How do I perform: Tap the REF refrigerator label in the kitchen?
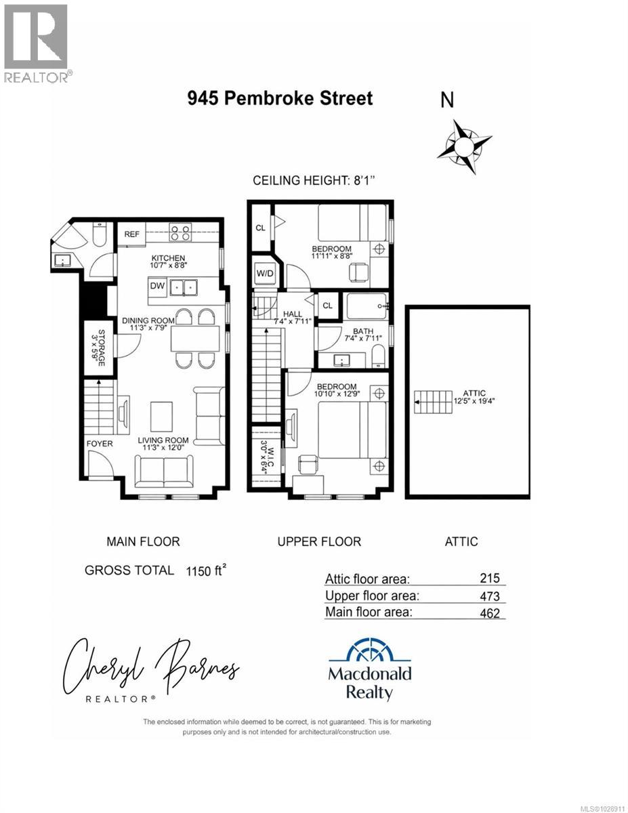point(132,234)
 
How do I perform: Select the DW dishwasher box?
point(157,287)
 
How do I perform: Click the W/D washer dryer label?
point(264,274)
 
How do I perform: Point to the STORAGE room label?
point(100,348)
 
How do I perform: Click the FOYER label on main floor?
point(99,444)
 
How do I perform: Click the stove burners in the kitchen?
point(180,233)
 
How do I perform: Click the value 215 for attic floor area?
point(488,578)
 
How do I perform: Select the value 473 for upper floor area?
point(488,596)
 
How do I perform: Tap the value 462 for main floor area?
point(488,613)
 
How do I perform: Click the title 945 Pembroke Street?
point(280,98)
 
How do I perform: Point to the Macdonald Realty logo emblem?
point(370,652)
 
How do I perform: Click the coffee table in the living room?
point(161,416)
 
